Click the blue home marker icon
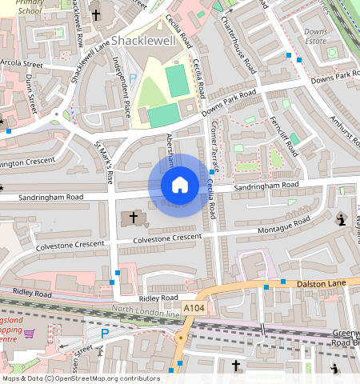point(180,185)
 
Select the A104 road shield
point(194,307)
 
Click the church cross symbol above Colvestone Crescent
point(134,218)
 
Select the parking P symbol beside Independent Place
point(134,78)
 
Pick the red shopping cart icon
point(30,331)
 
